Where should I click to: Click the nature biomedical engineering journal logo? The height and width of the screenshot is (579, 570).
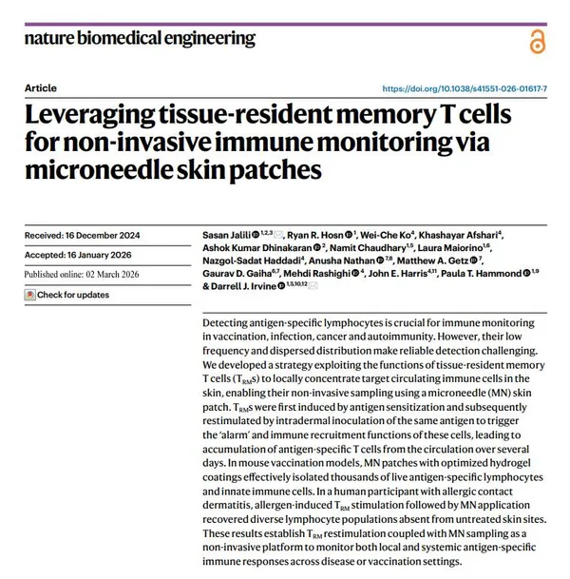tap(141, 39)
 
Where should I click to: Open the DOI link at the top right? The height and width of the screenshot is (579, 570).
tap(470, 88)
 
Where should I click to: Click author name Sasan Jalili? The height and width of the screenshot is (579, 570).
tap(232, 234)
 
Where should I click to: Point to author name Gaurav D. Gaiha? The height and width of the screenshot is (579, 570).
tap(238, 273)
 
